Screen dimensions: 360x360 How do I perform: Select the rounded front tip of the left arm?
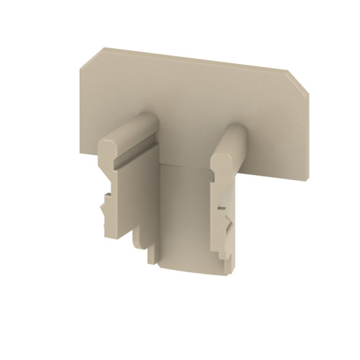point(109,147)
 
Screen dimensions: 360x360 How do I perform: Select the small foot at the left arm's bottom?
point(152,253)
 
